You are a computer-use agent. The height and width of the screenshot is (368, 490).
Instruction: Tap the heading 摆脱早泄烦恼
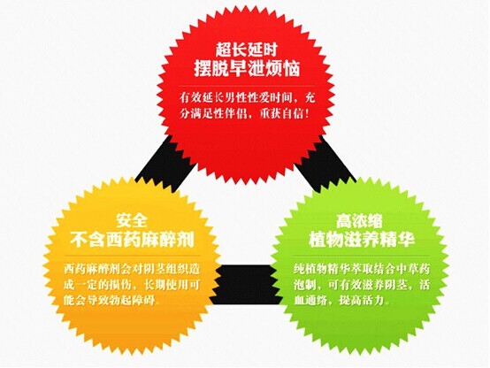[247, 68]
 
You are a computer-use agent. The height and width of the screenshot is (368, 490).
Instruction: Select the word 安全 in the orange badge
[131, 221]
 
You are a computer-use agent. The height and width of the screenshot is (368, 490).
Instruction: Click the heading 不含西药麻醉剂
[132, 240]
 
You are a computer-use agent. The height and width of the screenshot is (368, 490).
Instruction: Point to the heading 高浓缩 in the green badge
[359, 221]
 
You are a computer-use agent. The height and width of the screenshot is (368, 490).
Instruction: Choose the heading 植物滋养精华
[362, 240]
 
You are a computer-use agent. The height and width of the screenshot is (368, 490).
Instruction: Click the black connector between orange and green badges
[245, 285]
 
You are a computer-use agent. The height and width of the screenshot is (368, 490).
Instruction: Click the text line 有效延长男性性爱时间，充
[247, 98]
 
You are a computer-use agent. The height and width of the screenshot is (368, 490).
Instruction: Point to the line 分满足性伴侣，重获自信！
[245, 114]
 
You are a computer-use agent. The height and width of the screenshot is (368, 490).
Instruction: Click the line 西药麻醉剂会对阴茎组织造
[132, 269]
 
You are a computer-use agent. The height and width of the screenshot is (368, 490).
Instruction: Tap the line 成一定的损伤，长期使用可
[132, 285]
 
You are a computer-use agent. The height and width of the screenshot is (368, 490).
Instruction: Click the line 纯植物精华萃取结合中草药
[362, 269]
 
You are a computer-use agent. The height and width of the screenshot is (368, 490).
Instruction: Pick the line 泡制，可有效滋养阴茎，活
[362, 285]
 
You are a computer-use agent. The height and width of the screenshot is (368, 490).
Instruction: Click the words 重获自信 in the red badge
[281, 114]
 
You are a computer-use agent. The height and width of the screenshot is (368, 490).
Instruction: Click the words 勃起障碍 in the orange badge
[134, 301]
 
